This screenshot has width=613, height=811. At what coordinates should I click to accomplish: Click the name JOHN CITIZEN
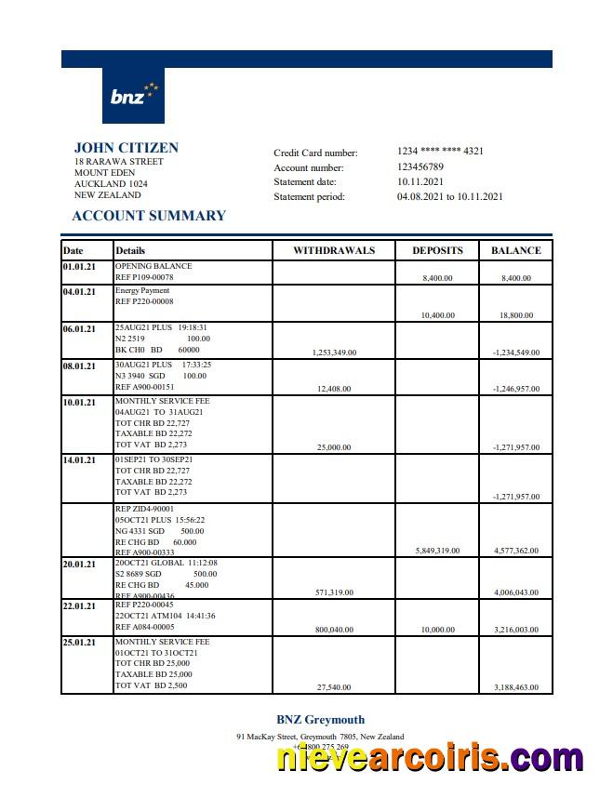coord(127,148)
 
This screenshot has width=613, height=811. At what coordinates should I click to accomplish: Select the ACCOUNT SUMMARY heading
coord(149,216)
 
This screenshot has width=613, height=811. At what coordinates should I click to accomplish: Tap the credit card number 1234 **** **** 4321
coord(440,152)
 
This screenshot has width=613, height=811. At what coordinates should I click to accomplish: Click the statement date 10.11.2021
coord(420,182)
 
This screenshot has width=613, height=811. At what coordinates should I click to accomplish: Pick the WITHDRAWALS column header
coord(334,250)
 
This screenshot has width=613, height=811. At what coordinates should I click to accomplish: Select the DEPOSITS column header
coord(437,250)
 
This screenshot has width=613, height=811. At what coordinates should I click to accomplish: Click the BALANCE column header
coord(515,250)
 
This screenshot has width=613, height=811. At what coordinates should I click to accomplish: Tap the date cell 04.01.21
coord(79,292)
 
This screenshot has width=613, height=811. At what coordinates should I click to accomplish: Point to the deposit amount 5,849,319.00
coord(437,551)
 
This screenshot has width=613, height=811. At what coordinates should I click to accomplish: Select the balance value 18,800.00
coord(515,315)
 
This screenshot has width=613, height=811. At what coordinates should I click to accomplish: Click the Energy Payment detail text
coord(142,290)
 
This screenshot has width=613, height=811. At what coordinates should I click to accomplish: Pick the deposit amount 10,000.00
coord(437,630)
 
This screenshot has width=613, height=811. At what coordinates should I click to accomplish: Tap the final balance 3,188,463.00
coord(515,687)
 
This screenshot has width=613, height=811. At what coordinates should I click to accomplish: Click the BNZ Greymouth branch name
coord(320,720)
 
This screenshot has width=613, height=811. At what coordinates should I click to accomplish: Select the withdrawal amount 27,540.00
coord(334,687)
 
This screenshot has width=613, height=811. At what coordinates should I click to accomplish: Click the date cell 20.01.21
coord(79,565)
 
